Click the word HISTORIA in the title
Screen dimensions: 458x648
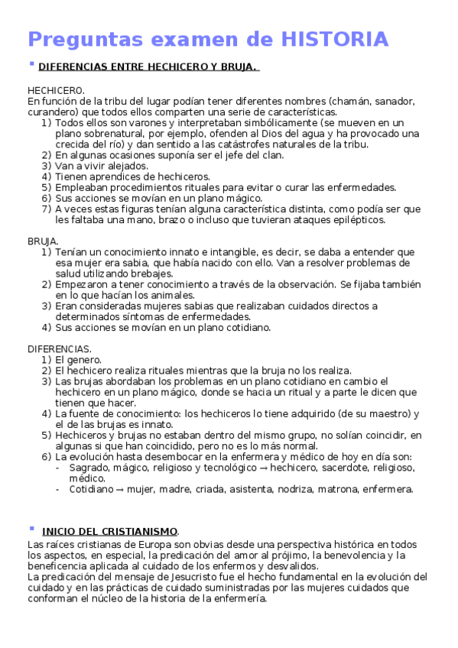(335, 38)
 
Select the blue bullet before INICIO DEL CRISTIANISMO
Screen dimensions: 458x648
(31, 528)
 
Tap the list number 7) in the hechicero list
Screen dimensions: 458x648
(47, 209)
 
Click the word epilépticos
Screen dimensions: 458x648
(354, 219)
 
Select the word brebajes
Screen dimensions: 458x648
(152, 273)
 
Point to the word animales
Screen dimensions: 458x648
(171, 295)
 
